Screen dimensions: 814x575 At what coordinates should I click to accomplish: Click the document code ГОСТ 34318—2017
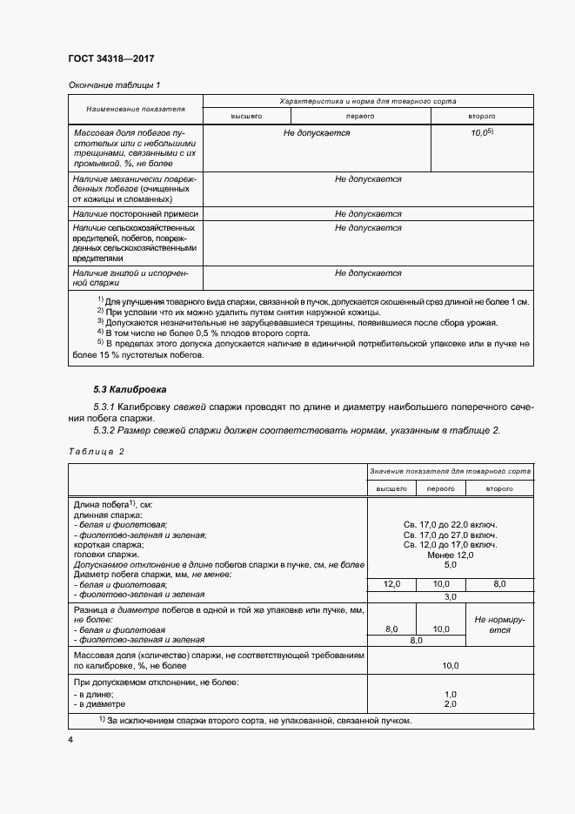click(x=110, y=59)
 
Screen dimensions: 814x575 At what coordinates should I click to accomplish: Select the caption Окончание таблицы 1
click(x=114, y=84)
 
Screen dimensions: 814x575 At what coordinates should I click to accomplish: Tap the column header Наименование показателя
click(x=135, y=109)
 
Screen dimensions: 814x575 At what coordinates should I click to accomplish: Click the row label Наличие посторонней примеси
click(x=136, y=213)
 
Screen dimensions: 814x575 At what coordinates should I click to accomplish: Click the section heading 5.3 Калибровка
click(x=130, y=388)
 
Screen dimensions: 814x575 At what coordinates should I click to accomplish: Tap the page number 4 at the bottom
click(x=70, y=740)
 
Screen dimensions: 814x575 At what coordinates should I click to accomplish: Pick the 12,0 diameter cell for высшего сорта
click(x=391, y=584)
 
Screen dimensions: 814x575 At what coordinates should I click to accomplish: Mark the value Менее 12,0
click(x=451, y=555)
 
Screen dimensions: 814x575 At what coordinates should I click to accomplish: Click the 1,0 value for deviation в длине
click(x=451, y=694)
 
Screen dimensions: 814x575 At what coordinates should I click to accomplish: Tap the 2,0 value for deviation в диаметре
click(x=451, y=703)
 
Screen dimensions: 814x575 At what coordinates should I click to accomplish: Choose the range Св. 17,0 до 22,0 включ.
click(x=451, y=525)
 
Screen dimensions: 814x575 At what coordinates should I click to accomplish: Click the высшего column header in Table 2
click(x=391, y=489)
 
